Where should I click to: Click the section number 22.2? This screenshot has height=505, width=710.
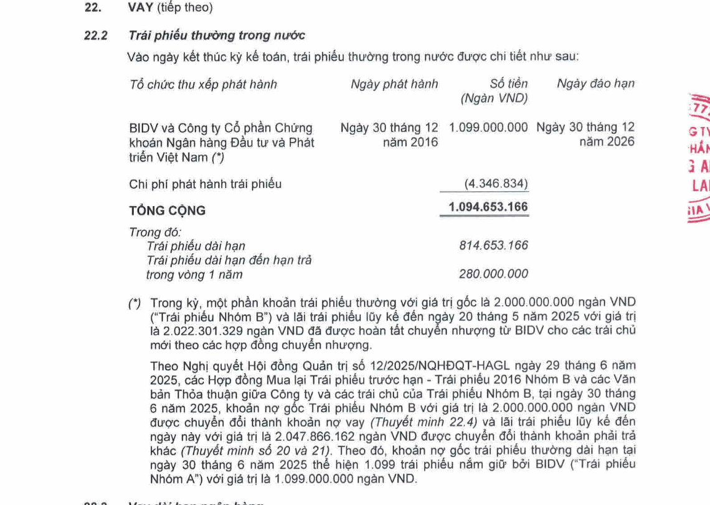click(95, 35)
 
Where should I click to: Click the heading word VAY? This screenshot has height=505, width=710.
click(141, 8)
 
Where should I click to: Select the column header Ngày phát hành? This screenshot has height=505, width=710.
click(394, 84)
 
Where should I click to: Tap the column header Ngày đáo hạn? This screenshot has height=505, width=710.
click(595, 84)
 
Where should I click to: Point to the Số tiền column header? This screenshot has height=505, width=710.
click(508, 84)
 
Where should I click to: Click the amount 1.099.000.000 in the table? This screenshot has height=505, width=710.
click(488, 128)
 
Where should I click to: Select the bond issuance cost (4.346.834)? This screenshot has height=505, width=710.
click(496, 184)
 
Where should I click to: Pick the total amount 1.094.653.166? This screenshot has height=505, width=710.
click(488, 207)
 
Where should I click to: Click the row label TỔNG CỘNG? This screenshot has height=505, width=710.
click(167, 210)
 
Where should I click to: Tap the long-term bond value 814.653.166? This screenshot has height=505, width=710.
click(493, 245)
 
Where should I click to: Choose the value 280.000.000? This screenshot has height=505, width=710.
click(493, 274)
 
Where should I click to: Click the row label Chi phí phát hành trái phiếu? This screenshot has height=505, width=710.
click(205, 184)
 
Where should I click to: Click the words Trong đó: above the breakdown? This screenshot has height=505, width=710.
click(146, 232)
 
